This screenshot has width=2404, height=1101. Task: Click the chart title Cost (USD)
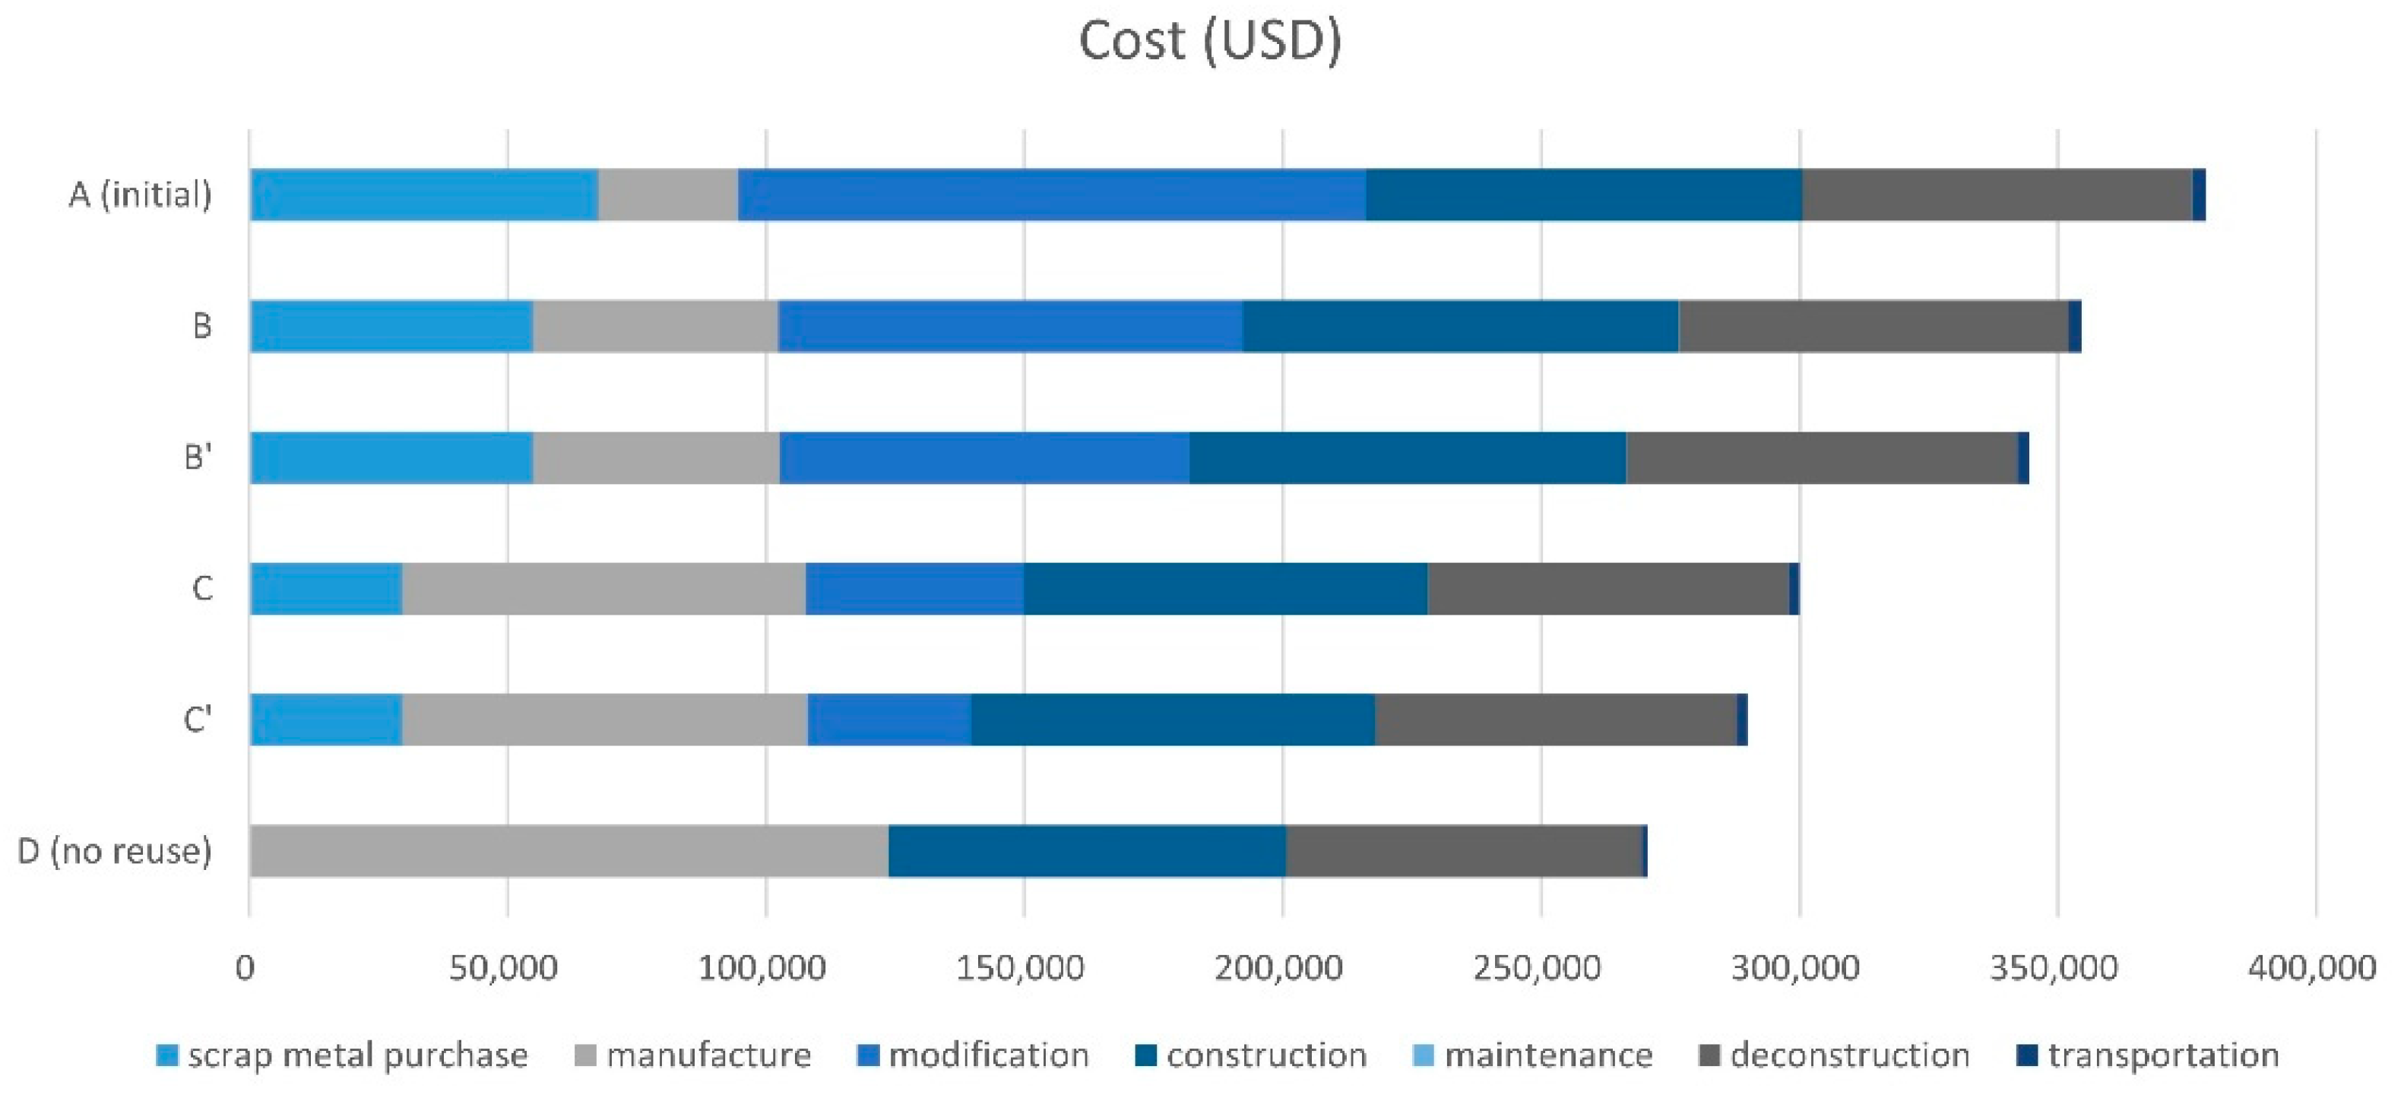point(1209,41)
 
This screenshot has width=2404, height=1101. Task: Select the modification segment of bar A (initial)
point(1051,195)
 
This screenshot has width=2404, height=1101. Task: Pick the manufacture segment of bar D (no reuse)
point(569,851)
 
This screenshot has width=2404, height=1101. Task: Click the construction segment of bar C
point(1224,589)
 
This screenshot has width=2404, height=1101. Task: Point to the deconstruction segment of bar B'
point(1821,457)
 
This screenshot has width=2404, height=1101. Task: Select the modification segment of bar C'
point(888,720)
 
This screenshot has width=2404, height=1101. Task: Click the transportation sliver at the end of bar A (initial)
point(2198,195)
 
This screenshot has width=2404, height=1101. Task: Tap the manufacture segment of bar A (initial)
point(667,195)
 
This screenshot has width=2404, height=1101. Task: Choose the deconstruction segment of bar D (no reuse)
point(1463,851)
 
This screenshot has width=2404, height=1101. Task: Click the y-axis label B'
point(198,458)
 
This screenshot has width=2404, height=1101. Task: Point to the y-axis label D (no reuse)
point(115,851)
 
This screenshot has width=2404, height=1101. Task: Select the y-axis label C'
point(198,720)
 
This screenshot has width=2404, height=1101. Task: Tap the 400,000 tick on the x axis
point(2311,967)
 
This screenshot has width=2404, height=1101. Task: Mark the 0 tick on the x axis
point(245,967)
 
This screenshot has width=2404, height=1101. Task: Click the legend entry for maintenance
point(1535,1055)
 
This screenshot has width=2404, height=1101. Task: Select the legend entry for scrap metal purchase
point(344,1055)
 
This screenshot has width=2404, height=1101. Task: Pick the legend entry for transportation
point(2149,1055)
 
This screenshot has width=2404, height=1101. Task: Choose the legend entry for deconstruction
point(1835,1055)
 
